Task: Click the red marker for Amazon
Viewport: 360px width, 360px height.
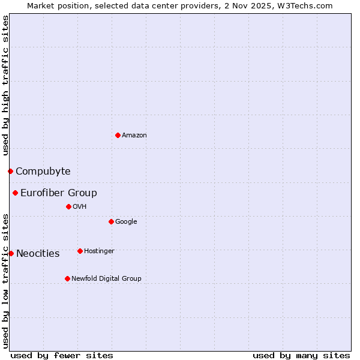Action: click(118, 135)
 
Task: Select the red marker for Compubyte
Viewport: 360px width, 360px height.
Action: click(10, 171)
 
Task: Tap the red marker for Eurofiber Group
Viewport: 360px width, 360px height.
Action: click(15, 193)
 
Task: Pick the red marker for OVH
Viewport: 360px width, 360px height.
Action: click(68, 206)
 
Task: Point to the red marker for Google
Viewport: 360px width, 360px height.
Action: click(111, 221)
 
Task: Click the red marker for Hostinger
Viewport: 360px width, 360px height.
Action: click(80, 251)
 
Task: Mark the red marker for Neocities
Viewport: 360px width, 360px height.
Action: click(11, 253)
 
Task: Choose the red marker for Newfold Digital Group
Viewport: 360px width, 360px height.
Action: click(67, 278)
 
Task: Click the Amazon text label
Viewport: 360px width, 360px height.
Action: click(134, 136)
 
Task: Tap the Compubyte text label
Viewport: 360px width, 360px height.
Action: click(43, 172)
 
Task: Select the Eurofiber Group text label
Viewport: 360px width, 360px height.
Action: click(59, 193)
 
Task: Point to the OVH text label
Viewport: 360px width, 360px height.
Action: click(80, 207)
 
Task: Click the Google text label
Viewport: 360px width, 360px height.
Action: click(126, 222)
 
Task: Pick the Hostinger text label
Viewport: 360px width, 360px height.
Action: click(99, 251)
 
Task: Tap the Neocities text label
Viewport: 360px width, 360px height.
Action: click(38, 254)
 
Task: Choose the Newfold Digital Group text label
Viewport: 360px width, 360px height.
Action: click(106, 279)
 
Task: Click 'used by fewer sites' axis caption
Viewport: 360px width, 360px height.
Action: click(62, 355)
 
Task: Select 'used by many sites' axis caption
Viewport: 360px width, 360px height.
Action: click(301, 355)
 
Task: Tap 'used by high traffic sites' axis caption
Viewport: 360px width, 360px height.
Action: click(5, 86)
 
